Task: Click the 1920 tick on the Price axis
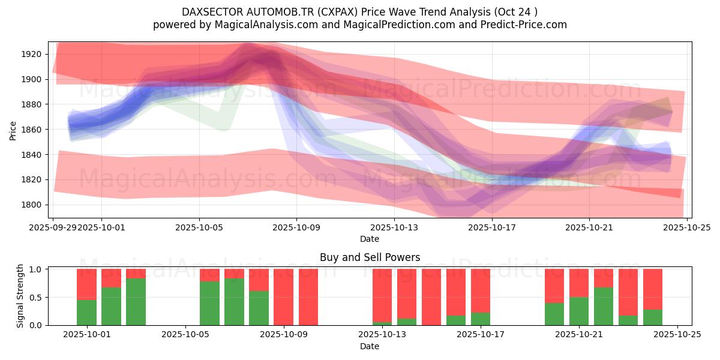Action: click(x=31, y=54)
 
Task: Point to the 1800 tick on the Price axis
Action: click(x=31, y=205)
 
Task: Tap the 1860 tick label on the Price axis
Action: click(x=31, y=130)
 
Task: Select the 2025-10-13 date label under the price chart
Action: click(x=394, y=227)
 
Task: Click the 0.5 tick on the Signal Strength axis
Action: click(x=36, y=297)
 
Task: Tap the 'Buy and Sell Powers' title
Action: click(x=370, y=257)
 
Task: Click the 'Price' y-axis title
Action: click(x=13, y=130)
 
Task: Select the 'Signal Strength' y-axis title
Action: click(x=20, y=296)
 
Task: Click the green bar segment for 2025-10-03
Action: click(x=136, y=302)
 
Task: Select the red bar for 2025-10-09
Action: click(x=283, y=297)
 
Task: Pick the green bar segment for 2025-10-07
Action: click(x=234, y=302)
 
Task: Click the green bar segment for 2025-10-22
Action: click(x=604, y=307)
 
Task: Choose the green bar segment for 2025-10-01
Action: click(x=86, y=313)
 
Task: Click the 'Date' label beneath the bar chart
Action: click(x=370, y=347)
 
